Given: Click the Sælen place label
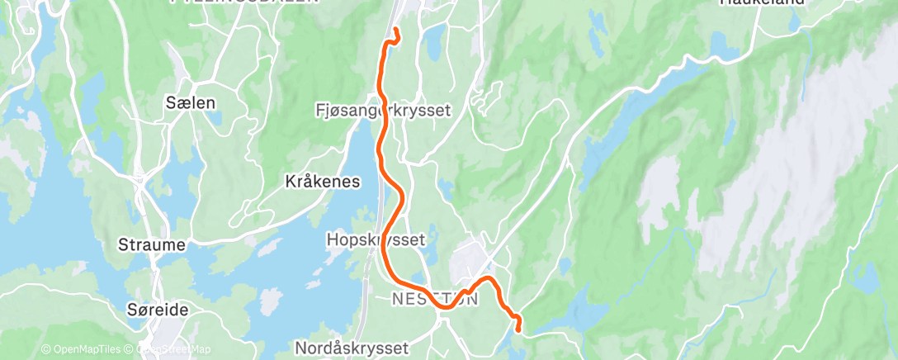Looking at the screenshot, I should [191, 103].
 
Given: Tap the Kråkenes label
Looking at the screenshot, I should [322, 181].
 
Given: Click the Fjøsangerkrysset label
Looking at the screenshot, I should [384, 110].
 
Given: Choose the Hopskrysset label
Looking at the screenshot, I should [376, 240].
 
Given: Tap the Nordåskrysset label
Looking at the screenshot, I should [340, 348].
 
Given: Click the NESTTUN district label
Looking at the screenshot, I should [434, 298].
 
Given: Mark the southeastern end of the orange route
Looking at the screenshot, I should [518, 329].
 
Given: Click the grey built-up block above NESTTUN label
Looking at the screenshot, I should [468, 262].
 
